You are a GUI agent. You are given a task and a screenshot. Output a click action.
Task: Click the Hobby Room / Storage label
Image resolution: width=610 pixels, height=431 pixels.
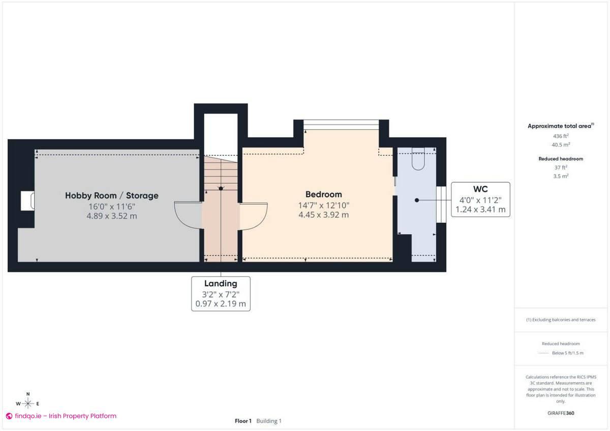point(111,195)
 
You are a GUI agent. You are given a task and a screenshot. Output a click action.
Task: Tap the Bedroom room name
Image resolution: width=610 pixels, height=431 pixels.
point(323,194)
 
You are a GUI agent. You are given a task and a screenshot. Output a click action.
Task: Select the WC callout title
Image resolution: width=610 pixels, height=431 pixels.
point(480,189)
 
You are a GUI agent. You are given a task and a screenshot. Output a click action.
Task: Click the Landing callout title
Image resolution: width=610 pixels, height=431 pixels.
point(221,283)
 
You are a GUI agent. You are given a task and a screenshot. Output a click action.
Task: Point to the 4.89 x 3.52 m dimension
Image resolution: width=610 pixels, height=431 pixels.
point(111,216)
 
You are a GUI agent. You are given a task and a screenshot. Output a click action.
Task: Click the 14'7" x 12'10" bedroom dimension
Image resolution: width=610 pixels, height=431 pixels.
point(323,205)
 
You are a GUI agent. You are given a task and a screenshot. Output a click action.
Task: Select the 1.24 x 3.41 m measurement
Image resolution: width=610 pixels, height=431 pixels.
point(480,209)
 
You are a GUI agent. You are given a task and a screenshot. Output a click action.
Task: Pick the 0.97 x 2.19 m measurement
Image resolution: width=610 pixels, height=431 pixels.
point(221,304)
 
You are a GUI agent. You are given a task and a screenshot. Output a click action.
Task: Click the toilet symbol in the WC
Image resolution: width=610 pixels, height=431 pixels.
point(417,159)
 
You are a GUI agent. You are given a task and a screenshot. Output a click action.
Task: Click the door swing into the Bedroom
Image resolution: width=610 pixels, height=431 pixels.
point(253,216)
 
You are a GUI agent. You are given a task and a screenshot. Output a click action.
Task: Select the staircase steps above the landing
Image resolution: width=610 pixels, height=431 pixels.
point(221,173)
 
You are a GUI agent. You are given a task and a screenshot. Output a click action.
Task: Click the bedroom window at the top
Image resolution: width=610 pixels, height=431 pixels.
point(341,124)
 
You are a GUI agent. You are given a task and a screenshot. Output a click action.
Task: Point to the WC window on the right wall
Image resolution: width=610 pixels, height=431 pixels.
point(441,204)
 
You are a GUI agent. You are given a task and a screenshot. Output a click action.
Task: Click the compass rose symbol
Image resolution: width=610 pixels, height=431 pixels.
point(28,404)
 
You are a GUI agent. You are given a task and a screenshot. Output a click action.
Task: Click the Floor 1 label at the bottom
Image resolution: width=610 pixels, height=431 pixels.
point(243,421)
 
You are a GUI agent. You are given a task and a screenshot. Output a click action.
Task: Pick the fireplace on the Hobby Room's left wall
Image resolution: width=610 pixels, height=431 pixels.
point(27,201)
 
